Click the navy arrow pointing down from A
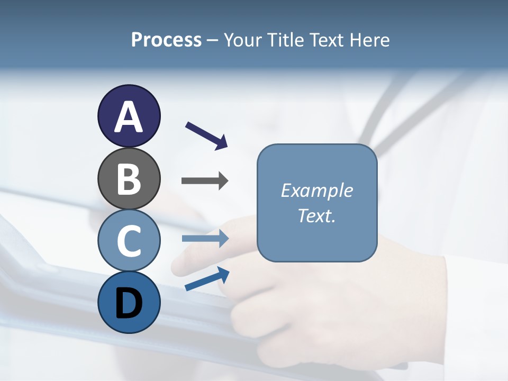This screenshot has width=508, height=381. tap(207, 135)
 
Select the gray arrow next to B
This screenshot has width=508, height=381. tap(205, 181)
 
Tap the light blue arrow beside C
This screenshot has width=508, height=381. tap(205, 239)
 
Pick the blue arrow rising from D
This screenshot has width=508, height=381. tap(207, 279)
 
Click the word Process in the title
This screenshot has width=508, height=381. tap(166, 40)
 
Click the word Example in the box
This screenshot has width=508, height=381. tap(317, 190)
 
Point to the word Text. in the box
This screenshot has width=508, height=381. tap(317, 216)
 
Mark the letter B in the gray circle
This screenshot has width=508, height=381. tap(129, 179)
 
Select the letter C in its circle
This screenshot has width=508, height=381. tap(129, 241)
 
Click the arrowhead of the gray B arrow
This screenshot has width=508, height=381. tap(223, 181)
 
